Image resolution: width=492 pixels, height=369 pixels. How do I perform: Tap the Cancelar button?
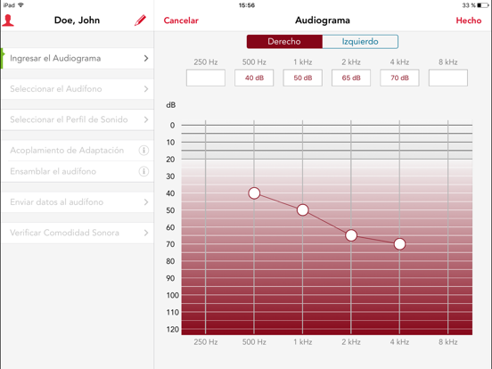click(181, 20)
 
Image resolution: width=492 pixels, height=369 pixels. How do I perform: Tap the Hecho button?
click(469, 20)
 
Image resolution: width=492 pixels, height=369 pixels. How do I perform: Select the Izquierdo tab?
click(360, 41)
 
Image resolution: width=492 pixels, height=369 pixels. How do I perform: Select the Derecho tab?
click(284, 41)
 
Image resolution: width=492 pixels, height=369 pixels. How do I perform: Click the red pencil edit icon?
click(140, 20)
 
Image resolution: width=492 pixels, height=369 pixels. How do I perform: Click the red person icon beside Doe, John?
click(8, 20)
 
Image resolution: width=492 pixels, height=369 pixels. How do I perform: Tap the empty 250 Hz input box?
click(206, 78)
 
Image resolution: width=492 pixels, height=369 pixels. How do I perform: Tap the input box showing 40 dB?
click(254, 78)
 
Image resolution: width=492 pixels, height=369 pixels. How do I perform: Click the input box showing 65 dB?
click(351, 78)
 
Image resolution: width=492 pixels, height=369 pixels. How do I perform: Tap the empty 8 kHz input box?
click(448, 78)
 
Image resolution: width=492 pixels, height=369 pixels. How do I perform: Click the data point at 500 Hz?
click(254, 193)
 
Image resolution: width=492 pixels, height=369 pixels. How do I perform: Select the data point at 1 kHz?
click(302, 210)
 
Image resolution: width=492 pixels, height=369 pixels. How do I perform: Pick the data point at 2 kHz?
click(351, 235)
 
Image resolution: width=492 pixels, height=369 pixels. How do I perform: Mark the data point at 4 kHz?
click(399, 244)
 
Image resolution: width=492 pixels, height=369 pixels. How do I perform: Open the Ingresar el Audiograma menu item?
click(78, 58)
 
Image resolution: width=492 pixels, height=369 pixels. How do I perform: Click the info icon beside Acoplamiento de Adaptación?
click(143, 151)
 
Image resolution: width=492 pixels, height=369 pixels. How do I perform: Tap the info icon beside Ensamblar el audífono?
click(143, 171)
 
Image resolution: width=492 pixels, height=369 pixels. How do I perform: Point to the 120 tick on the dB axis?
click(173, 329)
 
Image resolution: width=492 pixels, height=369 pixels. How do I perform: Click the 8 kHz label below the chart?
click(448, 341)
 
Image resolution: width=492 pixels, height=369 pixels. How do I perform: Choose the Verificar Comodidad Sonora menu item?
click(78, 233)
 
